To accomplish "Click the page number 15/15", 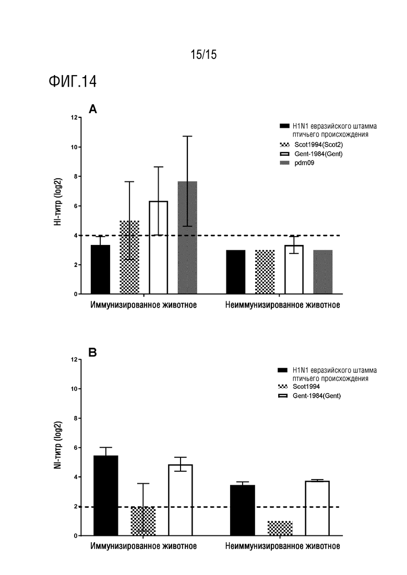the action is (x=203, y=55).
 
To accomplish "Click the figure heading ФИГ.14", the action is (x=73, y=81).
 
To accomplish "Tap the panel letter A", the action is (x=93, y=109).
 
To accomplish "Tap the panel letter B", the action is (x=92, y=352).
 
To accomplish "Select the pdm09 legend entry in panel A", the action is (x=297, y=163).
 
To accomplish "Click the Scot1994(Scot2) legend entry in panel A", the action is (x=311, y=145).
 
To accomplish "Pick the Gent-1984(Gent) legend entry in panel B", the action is (x=310, y=396).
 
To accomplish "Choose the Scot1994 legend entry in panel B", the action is (x=299, y=386).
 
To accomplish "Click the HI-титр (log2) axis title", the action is (x=58, y=202).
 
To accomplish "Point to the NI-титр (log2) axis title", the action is (x=58, y=445).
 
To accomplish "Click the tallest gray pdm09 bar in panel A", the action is (x=187, y=238).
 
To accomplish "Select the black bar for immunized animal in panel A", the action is (x=100, y=270).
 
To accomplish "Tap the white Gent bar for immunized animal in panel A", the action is (x=159, y=248).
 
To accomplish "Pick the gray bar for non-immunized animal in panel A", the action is (x=323, y=272).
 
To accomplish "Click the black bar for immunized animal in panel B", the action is (x=106, y=495).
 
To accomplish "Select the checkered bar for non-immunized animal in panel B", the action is (x=280, y=529).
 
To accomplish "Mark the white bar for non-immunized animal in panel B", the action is (x=317, y=508).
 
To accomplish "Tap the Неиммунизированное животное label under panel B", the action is (x=283, y=546).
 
